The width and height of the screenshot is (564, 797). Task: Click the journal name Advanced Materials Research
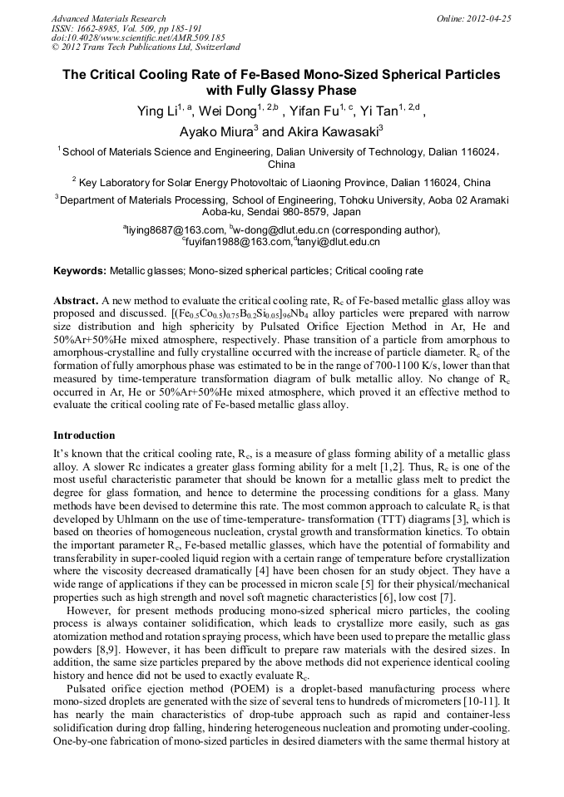[x=108, y=18]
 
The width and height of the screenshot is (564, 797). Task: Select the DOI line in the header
[x=138, y=37]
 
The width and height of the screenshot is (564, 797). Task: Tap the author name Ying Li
[x=158, y=111]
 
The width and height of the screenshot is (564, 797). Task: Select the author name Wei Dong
[x=230, y=111]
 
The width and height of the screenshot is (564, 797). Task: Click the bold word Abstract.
[x=75, y=299]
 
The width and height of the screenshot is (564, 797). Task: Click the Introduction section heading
[x=84, y=435]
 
